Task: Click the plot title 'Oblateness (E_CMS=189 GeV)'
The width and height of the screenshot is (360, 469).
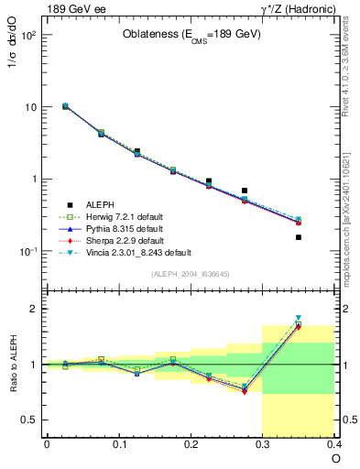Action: [191, 35]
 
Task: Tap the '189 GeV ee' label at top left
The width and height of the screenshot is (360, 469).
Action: [72, 8]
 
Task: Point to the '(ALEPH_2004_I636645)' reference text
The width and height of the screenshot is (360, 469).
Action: [191, 273]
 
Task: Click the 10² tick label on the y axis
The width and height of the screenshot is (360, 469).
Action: [28, 35]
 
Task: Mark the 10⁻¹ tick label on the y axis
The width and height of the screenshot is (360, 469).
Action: [28, 251]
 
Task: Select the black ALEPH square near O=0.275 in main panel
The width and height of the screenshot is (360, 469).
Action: [245, 191]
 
